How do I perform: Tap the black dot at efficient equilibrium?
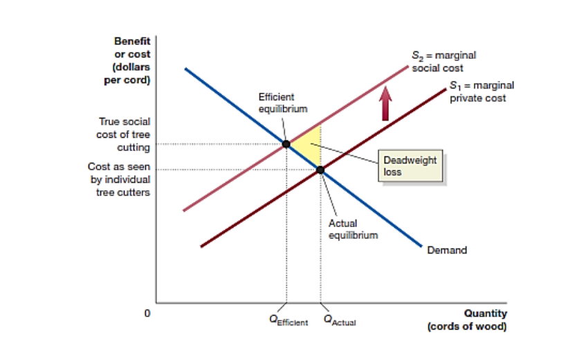286,144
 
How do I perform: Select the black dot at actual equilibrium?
320,170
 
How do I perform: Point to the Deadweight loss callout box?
410,165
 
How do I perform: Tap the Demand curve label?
447,250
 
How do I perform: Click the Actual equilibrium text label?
353,229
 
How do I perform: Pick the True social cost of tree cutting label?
125,134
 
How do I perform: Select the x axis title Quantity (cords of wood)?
467,320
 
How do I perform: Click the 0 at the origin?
147,313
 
